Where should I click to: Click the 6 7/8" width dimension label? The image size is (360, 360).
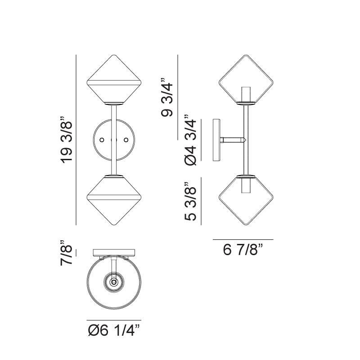point(243,250)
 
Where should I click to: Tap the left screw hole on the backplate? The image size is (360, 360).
point(102,140)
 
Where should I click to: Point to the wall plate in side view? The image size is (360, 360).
point(216,140)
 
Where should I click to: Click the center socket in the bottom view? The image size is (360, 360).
point(114,283)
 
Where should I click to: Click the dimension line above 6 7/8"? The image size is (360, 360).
point(243,239)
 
